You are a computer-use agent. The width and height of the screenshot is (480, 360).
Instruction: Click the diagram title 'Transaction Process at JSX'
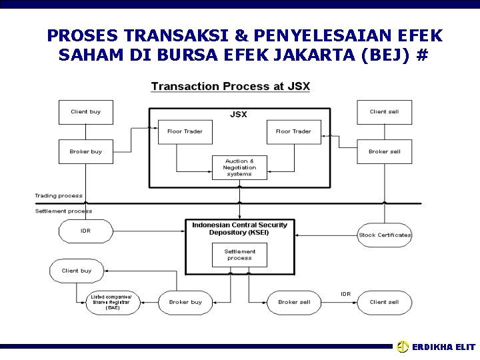pyautogui.click(x=230, y=87)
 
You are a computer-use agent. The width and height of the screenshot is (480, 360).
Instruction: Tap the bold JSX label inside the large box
pyautogui.click(x=238, y=115)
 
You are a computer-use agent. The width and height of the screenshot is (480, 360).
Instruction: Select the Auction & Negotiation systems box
pyautogui.click(x=239, y=167)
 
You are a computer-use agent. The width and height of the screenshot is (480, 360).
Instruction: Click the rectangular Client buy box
pyautogui.click(x=85, y=112)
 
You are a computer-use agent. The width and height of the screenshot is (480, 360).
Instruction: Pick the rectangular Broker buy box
pyautogui.click(x=85, y=152)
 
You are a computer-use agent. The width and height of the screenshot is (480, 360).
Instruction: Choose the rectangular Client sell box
pyautogui.click(x=384, y=112)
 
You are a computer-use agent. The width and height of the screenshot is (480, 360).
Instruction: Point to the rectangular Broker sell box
pyautogui.click(x=385, y=152)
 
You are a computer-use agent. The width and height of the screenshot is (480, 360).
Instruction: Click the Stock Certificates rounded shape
pyautogui.click(x=385, y=235)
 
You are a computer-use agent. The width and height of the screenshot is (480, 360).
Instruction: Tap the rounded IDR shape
pyautogui.click(x=85, y=231)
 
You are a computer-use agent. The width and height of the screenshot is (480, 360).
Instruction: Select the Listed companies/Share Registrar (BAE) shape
pyautogui.click(x=112, y=302)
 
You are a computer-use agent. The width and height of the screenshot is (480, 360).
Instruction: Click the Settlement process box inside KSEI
pyautogui.click(x=239, y=255)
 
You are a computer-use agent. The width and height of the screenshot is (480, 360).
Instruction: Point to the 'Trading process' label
pyautogui.click(x=59, y=196)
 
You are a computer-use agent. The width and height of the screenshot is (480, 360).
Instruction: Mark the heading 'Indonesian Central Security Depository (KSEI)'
pyautogui.click(x=239, y=229)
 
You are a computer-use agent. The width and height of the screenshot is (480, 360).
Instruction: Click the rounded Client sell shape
pyautogui.click(x=384, y=302)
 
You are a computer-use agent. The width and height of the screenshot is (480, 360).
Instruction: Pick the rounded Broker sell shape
pyautogui.click(x=294, y=302)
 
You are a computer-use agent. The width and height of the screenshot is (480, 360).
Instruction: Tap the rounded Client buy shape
pyautogui.click(x=76, y=271)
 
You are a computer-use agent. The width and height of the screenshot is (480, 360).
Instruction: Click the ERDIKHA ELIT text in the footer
pyautogui.click(x=443, y=347)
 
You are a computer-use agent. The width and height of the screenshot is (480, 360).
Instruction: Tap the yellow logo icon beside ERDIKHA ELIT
pyautogui.click(x=403, y=347)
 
